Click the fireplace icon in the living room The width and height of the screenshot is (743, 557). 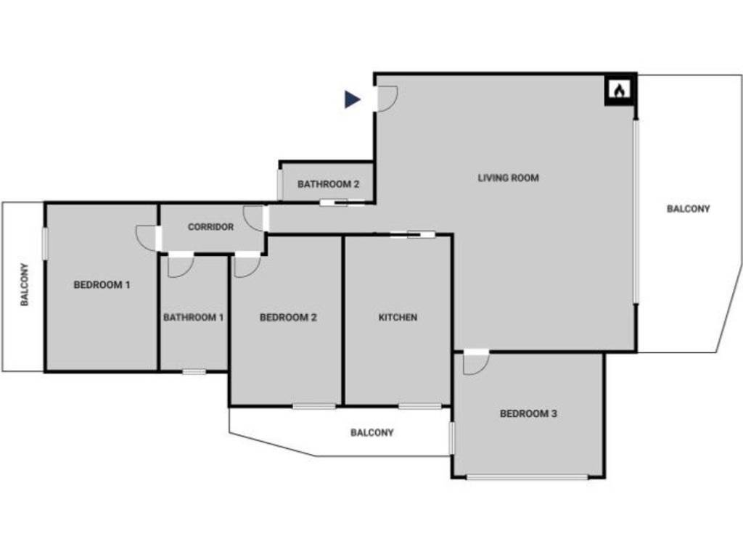(620, 91)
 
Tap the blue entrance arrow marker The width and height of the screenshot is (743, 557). (352, 99)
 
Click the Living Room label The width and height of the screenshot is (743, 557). (508, 178)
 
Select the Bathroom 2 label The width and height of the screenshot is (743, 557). (328, 184)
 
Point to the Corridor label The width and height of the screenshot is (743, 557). (210, 227)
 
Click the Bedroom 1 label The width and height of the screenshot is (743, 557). (102, 285)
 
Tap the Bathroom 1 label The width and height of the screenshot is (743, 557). (193, 317)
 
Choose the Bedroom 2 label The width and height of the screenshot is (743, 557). (288, 317)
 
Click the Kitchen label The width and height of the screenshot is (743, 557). (398, 317)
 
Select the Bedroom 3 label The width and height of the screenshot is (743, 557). (528, 414)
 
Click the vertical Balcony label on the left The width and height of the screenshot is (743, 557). (24, 284)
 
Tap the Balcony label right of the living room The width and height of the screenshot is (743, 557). (688, 209)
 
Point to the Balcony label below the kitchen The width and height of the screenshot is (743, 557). (371, 433)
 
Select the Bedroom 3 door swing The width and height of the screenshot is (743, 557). (474, 363)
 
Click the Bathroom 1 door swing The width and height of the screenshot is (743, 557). (179, 266)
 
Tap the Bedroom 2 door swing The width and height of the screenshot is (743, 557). (246, 266)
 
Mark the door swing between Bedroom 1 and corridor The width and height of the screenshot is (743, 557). (147, 237)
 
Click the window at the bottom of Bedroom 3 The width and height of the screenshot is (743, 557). (527, 476)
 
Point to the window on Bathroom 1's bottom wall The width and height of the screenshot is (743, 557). (194, 371)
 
